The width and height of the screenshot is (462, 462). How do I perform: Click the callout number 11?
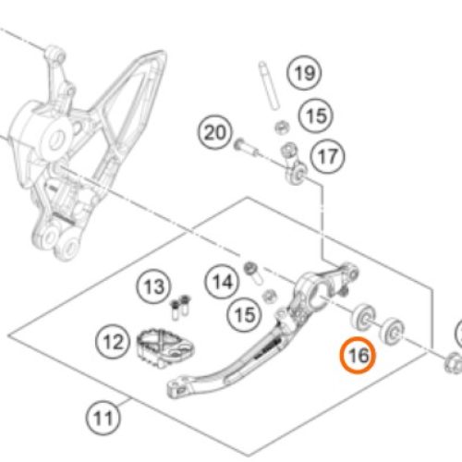(103, 419)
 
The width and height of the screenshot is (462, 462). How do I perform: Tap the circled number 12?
(113, 342)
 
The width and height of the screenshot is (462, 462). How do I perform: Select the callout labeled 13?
(153, 286)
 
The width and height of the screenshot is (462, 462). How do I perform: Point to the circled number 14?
(222, 282)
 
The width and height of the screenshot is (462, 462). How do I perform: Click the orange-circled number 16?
(358, 355)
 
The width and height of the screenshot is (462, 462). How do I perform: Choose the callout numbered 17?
(327, 156)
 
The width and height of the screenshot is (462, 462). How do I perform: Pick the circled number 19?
(304, 73)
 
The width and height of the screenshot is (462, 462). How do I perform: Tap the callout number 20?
(215, 132)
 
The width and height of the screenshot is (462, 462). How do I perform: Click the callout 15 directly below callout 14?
(245, 315)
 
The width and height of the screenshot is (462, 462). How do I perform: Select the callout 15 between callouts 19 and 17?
(316, 115)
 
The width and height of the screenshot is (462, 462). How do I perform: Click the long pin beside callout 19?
(269, 85)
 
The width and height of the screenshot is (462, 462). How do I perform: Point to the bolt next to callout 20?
(246, 148)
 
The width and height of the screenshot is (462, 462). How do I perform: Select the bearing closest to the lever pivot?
(363, 318)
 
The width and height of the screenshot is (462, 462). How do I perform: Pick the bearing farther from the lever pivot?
(393, 332)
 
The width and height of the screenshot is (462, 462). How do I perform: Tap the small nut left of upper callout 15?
(281, 128)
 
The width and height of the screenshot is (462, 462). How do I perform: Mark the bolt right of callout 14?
(253, 273)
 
